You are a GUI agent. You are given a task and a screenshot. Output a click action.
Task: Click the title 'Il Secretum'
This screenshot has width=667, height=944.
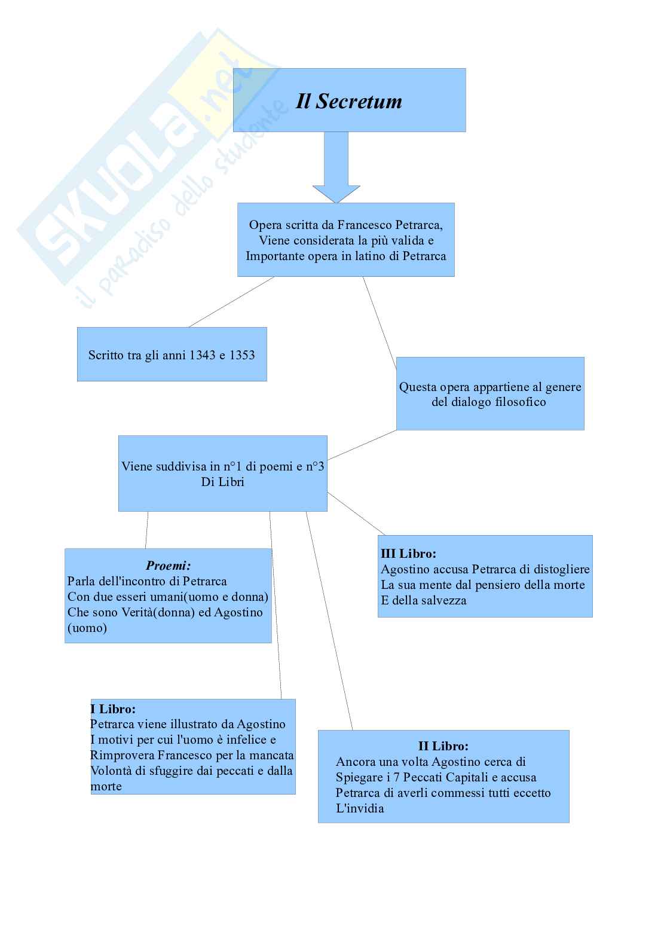coord(349,101)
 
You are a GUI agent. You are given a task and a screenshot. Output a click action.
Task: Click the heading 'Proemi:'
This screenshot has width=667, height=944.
coord(169,566)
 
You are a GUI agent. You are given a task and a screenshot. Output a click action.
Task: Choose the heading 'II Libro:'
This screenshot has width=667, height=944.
coord(443,746)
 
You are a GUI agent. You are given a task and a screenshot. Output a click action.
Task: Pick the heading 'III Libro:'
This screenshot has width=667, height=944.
coord(408,554)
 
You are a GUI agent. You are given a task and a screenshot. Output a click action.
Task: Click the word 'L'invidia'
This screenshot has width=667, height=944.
coord(360,808)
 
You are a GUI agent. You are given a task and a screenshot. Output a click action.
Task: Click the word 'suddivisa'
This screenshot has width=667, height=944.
coord(184,466)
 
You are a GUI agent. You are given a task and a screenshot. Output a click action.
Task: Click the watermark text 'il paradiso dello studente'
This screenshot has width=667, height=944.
coord(179,203)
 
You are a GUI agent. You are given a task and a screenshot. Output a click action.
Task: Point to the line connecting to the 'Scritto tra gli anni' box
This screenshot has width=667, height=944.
coord(232,302)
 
